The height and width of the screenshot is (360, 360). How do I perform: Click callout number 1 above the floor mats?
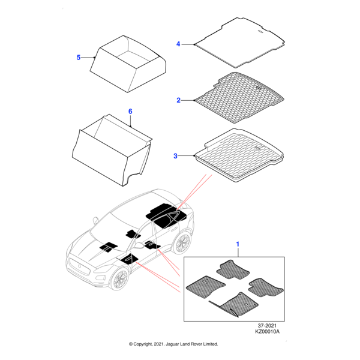(238, 244)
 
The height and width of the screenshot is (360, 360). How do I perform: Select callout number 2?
(178, 100)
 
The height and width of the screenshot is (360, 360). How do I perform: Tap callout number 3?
(176, 156)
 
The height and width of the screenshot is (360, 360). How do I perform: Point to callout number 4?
(178, 44)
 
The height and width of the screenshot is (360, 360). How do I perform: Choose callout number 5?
(79, 58)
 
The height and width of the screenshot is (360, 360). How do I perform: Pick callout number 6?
(130, 112)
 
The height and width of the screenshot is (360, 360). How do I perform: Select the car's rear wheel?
(182, 243)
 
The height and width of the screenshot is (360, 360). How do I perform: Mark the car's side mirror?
(140, 246)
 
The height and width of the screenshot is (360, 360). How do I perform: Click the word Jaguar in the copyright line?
(170, 344)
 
